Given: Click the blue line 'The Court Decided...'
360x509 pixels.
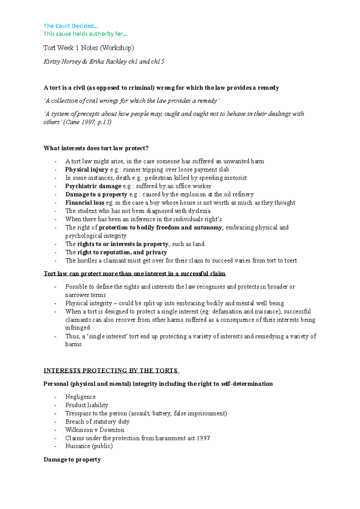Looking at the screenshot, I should pyautogui.click(x=71, y=26).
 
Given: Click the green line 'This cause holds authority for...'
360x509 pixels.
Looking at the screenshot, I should pyautogui.click(x=85, y=34).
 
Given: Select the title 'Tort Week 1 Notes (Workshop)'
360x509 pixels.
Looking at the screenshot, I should pyautogui.click(x=88, y=48).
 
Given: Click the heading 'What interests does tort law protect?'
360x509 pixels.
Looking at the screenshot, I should pyautogui.click(x=96, y=148).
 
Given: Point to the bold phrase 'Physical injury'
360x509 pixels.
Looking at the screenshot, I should pyautogui.click(x=87, y=170).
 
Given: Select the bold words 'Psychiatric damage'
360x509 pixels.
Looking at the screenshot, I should pyautogui.click(x=93, y=186).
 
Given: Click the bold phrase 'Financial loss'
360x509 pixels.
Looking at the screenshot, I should pyautogui.click(x=85, y=203).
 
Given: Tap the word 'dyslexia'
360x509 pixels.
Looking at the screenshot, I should pyautogui.click(x=199, y=211).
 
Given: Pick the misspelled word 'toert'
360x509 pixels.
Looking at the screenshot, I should pyautogui.click(x=290, y=260).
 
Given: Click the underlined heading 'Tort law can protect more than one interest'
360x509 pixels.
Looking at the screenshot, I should pyautogui.click(x=134, y=274).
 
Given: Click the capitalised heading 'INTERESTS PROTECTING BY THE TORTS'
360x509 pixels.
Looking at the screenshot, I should pyautogui.click(x=111, y=371).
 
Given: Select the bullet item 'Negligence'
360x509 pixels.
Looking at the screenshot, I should pyautogui.click(x=80, y=397).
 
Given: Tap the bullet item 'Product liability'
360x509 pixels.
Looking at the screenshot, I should pyautogui.click(x=87, y=405).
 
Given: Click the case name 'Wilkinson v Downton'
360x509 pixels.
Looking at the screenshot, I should pyautogui.click(x=95, y=430).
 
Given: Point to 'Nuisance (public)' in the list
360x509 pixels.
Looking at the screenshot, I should pyautogui.click(x=89, y=446).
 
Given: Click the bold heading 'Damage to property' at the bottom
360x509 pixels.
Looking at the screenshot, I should pyautogui.click(x=72, y=460).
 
